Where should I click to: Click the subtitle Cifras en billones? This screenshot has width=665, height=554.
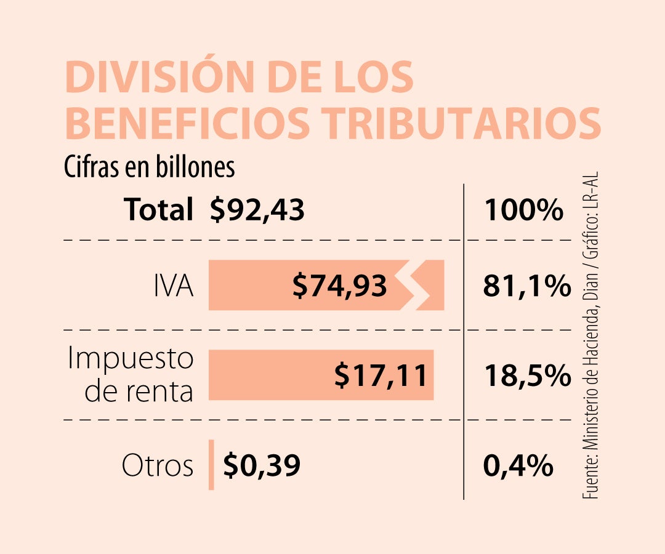[x=150, y=167]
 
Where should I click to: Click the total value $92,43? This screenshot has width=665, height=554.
[x=257, y=211]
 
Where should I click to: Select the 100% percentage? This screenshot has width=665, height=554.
[x=523, y=211]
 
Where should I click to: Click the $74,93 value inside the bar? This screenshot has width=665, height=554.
[x=339, y=286]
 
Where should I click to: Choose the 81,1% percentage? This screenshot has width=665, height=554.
[x=527, y=286]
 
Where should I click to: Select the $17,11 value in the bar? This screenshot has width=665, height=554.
[x=381, y=375]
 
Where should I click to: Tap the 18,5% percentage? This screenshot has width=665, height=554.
[x=527, y=375]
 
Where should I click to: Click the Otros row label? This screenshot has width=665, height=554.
[x=158, y=465]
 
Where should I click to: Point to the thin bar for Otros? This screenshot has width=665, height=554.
[x=211, y=465]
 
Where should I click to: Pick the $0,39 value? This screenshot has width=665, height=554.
[x=262, y=465]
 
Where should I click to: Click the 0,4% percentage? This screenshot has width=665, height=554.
[x=518, y=465]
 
